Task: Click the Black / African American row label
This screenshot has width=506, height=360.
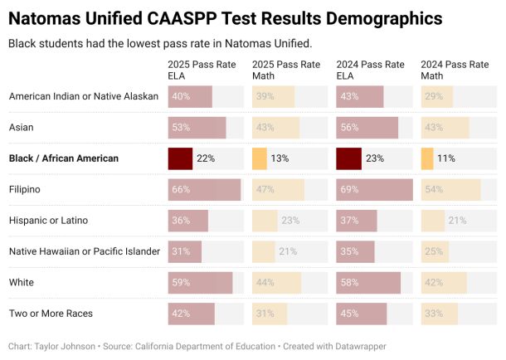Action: [64, 158]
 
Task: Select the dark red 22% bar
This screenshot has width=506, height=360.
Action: [180, 158]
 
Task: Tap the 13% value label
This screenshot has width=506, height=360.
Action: [280, 158]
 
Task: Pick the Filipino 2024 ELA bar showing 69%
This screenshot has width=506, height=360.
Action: [374, 190]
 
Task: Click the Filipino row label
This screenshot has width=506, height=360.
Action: [24, 190]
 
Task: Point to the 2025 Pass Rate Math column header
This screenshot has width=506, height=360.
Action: [285, 70]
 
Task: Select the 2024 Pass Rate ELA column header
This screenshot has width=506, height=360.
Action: [370, 70]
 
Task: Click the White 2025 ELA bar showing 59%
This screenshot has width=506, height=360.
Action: [200, 283]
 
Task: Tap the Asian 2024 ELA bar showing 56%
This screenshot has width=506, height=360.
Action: [367, 128]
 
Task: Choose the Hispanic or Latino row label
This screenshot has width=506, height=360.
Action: [48, 221]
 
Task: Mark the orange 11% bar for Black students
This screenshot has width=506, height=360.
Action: [427, 158]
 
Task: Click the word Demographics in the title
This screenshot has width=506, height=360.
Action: [373, 18]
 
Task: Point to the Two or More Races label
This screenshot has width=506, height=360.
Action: [51, 314]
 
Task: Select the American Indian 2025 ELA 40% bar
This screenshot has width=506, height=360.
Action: [190, 96]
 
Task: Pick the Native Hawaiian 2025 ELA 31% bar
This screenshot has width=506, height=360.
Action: [184, 251]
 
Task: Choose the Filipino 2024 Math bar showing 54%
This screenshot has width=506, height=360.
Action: [450, 190]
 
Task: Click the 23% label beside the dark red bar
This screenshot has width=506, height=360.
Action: [375, 158]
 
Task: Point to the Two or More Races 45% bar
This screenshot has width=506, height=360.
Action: [361, 314]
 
